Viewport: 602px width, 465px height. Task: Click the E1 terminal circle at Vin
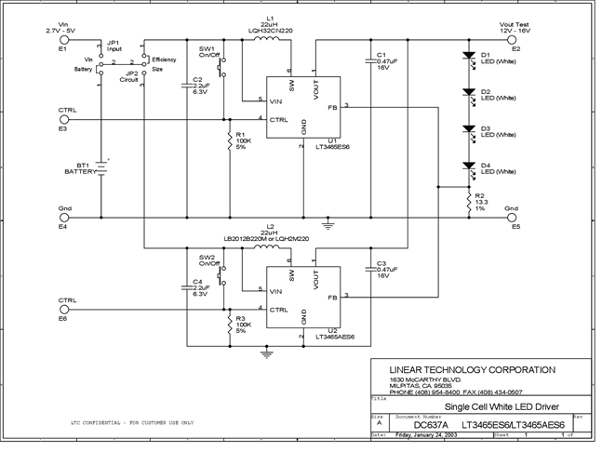point(61,41)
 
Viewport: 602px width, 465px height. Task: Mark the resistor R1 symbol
point(229,140)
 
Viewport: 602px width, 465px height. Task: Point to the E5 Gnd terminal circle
point(510,219)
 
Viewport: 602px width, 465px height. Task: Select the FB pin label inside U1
point(332,107)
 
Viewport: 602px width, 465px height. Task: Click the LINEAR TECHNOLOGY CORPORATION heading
point(473,369)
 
